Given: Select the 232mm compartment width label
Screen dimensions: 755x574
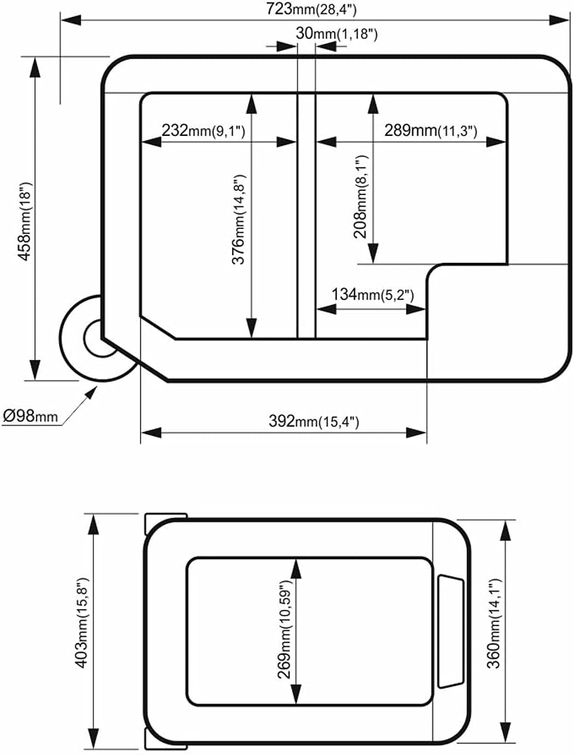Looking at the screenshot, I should [203, 131].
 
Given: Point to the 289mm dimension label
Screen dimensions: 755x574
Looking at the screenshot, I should [431, 131].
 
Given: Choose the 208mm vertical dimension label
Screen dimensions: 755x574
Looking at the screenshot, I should [361, 198].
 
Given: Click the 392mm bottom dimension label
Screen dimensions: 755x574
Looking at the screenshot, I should [314, 421].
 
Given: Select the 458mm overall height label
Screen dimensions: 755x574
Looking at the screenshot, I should [23, 218].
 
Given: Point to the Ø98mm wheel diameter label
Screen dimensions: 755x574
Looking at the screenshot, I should [30, 416].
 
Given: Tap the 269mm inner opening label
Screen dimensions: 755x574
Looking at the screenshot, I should [284, 630].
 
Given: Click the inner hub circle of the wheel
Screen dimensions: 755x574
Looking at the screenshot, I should [98, 338].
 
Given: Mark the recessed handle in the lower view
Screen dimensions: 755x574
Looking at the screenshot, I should [450, 631].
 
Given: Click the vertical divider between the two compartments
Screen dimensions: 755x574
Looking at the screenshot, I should [306, 215].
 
